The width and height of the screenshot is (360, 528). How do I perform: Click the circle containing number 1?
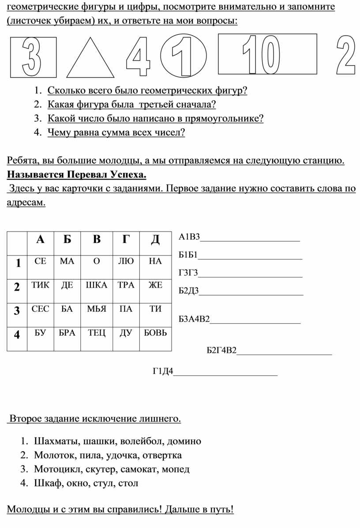point(183,56)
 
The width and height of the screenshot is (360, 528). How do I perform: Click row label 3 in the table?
point(17,311)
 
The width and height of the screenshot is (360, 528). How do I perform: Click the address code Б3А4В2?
point(194,319)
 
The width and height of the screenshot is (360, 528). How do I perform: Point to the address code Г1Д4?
point(163,371)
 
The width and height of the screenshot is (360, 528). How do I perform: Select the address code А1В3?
point(189,237)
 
